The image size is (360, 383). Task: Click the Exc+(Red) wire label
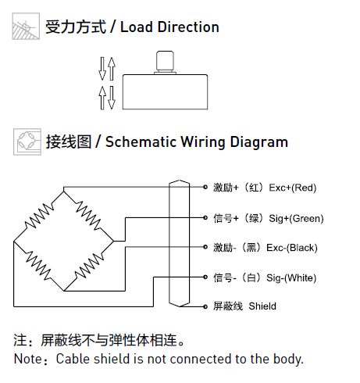coord(293,188)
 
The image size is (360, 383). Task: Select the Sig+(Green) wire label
coord(296,218)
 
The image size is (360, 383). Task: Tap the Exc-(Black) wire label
coord(292,248)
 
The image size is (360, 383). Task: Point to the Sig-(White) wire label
coord(291,278)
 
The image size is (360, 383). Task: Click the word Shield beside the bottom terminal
coord(262,306)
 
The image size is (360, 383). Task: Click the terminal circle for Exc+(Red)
coord(205,187)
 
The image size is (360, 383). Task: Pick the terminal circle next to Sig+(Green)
coord(205,217)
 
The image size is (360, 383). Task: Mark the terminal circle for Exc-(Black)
coord(205,247)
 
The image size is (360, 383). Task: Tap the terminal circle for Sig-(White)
coord(205,277)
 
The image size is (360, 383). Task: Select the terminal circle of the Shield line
coord(205,306)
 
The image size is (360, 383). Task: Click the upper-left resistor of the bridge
coord(39,216)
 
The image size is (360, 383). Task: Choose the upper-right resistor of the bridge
coord(88,216)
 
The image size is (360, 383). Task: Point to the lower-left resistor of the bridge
coord(38,266)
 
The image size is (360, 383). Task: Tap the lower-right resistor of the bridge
coord(89,266)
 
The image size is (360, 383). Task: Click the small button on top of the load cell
coord(165,62)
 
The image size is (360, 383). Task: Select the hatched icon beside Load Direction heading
coord(26,27)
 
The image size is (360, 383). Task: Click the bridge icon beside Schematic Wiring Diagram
coord(27,142)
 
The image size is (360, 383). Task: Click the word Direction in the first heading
coord(188,27)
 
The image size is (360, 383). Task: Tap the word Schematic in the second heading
coord(141,142)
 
